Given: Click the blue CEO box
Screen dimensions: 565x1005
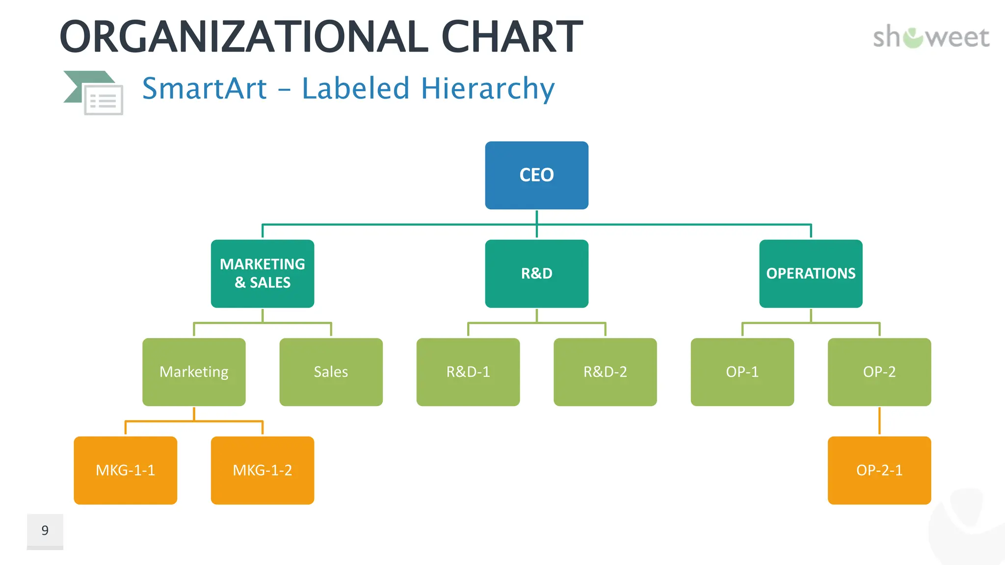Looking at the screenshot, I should pyautogui.click(x=536, y=175).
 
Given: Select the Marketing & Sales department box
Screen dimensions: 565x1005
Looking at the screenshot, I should pyautogui.click(x=263, y=273).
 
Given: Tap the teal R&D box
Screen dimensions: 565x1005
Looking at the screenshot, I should pyautogui.click(x=536, y=273).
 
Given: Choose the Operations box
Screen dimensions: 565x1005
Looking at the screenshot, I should pyautogui.click(x=811, y=273).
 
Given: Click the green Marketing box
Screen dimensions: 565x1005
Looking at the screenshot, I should pyautogui.click(x=194, y=372).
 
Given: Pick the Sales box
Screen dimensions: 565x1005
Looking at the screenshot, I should pyautogui.click(x=331, y=372).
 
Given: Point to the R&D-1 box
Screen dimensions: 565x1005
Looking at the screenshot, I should pyautogui.click(x=468, y=372).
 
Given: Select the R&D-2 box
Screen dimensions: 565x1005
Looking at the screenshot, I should pyautogui.click(x=605, y=372).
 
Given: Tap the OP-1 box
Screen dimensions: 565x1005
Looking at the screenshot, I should pyautogui.click(x=742, y=372).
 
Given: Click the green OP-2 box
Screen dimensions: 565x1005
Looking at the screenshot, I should pyautogui.click(x=879, y=372).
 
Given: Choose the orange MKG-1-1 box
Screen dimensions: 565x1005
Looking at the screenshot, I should pyautogui.click(x=125, y=470).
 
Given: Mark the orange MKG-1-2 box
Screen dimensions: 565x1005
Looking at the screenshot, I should pyautogui.click(x=263, y=470).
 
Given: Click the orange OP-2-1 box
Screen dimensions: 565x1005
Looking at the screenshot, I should pyautogui.click(x=879, y=470).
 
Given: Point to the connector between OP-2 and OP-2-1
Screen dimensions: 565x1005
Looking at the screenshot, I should pyautogui.click(x=879, y=421).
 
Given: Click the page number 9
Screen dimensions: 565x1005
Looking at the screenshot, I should pyautogui.click(x=45, y=531).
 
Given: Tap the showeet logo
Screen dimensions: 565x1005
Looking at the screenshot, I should pyautogui.click(x=931, y=37).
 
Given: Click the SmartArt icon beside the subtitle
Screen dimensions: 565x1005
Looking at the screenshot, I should pyautogui.click(x=94, y=93).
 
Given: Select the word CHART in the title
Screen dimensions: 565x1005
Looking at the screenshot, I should pyautogui.click(x=512, y=37).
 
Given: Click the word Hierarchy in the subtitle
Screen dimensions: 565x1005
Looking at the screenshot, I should pyautogui.click(x=487, y=89).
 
